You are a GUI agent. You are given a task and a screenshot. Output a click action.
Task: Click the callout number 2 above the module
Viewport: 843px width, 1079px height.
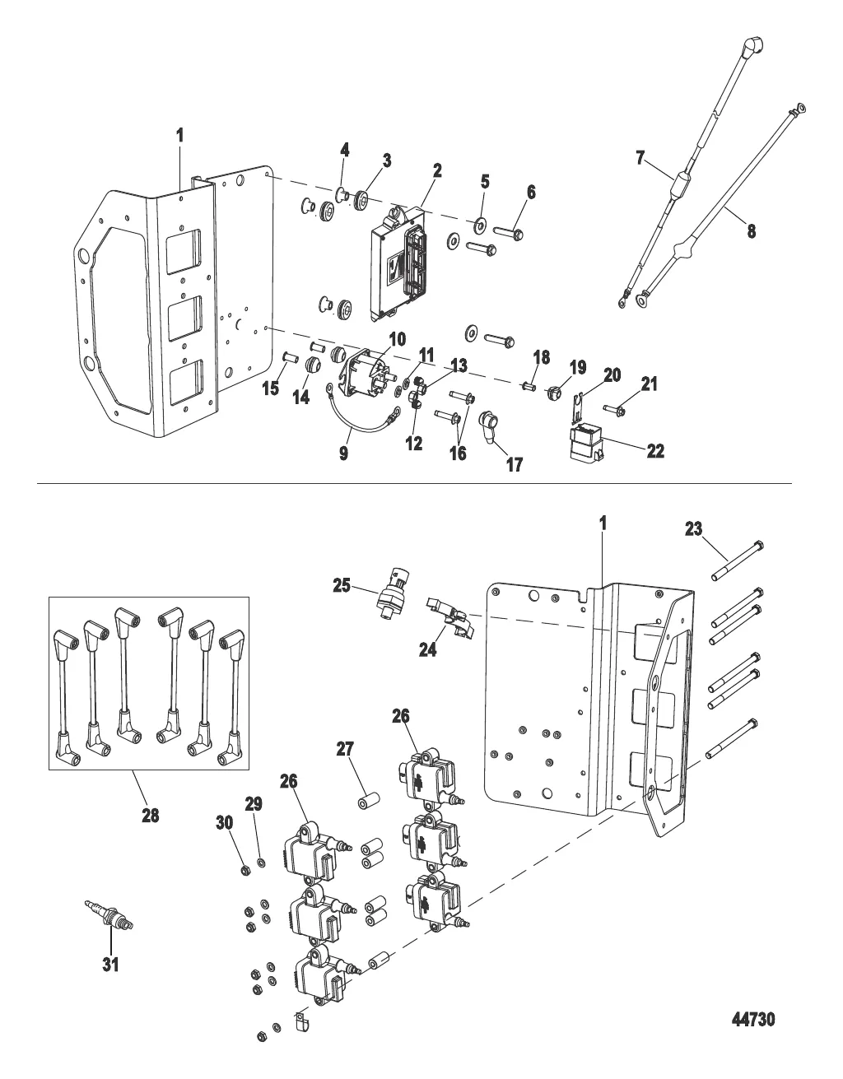(x=437, y=170)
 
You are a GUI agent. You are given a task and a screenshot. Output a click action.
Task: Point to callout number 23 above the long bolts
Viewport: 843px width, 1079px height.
(x=693, y=529)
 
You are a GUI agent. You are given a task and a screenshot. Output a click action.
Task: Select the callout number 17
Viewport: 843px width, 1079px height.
(x=514, y=465)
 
